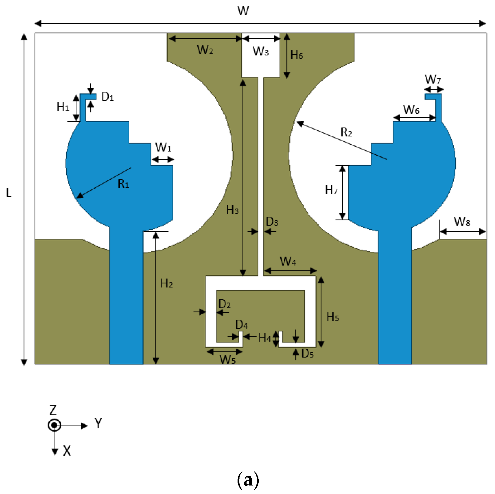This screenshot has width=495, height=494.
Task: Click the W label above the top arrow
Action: (243, 11)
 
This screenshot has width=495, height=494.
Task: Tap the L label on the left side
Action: (9, 193)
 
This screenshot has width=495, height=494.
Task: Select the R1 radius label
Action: (123, 184)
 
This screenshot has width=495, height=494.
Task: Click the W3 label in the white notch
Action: (261, 51)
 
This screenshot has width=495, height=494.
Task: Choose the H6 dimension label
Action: (297, 55)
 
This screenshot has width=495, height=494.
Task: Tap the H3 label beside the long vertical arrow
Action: (232, 210)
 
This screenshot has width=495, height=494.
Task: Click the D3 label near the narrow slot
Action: (272, 222)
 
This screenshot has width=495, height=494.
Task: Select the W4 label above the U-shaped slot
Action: (288, 261)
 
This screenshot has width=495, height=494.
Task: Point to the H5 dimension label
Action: (332, 317)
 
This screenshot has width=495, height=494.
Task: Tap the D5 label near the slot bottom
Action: (307, 354)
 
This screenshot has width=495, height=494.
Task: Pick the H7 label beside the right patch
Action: (331, 190)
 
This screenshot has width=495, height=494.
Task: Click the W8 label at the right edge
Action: (462, 221)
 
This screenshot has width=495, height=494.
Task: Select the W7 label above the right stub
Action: (433, 79)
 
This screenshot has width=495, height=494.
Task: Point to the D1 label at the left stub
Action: (107, 97)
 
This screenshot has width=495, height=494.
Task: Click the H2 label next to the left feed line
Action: (166, 284)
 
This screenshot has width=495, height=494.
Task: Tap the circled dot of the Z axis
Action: (54, 425)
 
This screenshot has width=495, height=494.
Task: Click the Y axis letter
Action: (98, 423)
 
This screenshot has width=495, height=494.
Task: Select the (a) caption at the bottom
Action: (248, 480)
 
